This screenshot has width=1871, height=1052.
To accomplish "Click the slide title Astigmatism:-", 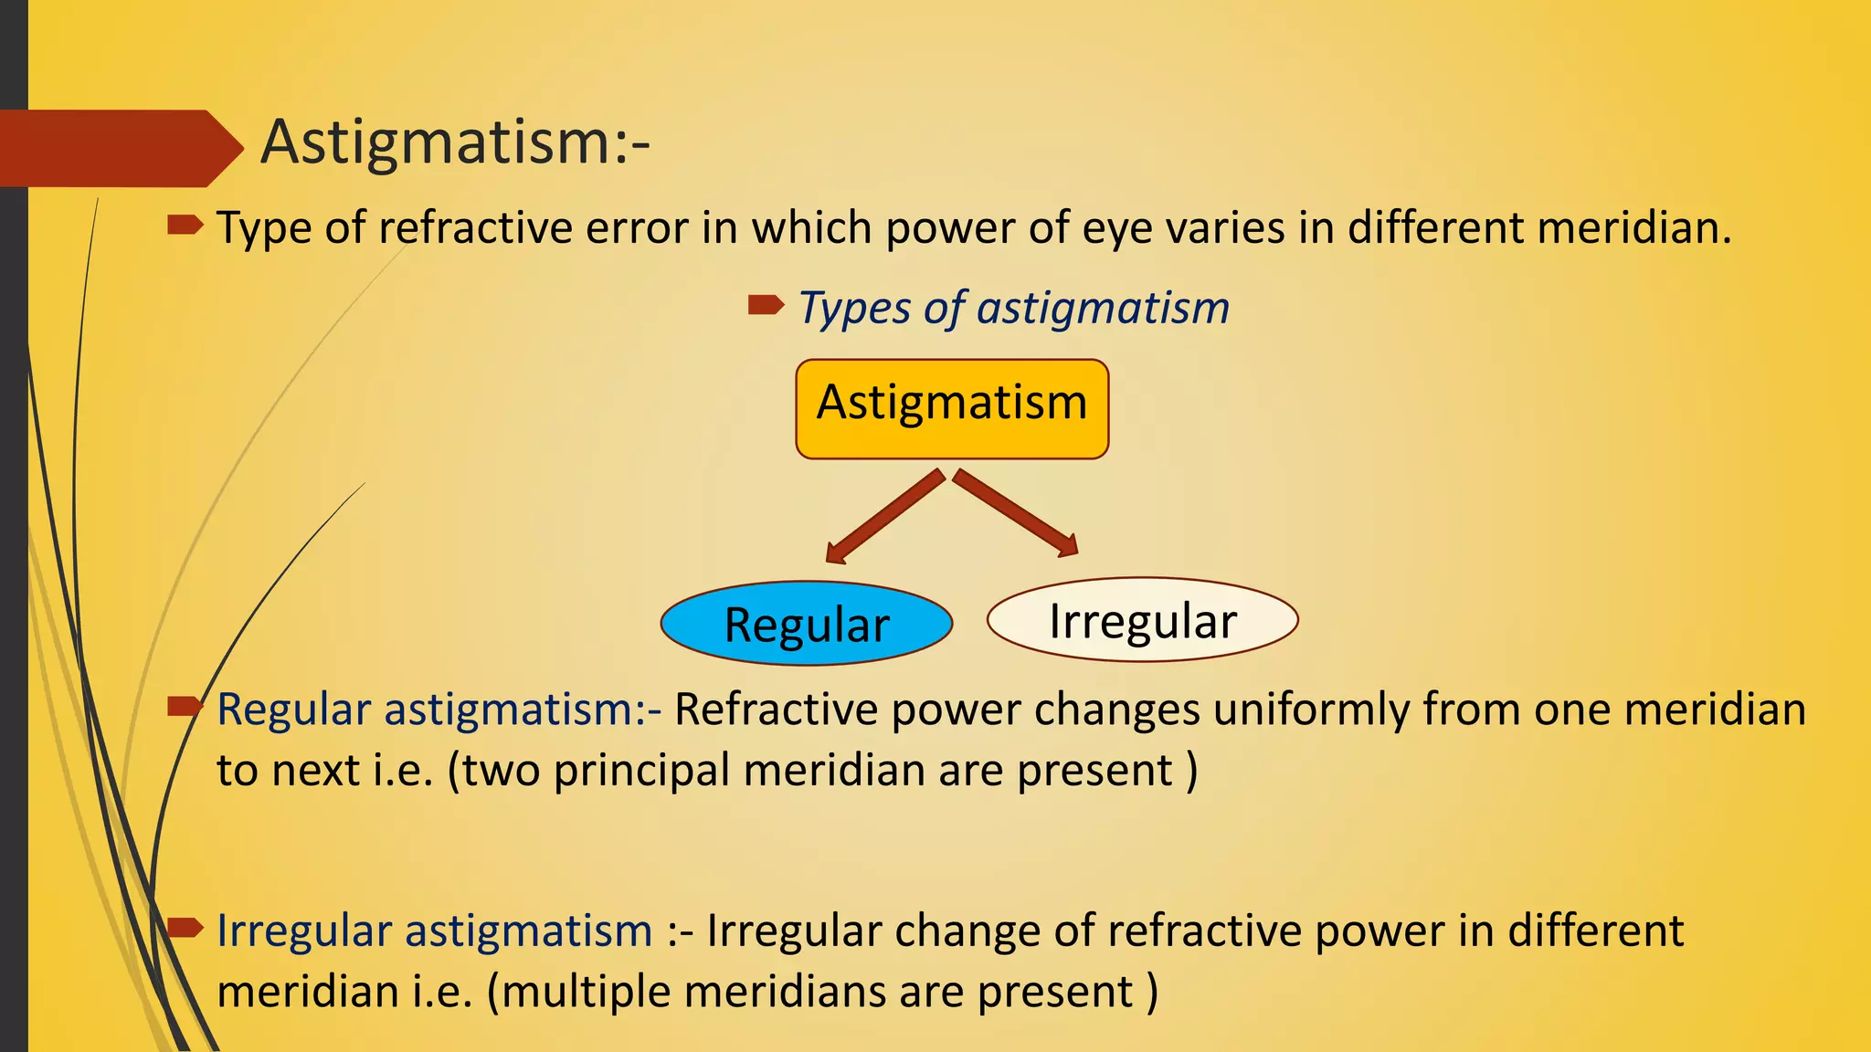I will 455,143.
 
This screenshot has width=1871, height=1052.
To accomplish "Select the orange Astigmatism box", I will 952,408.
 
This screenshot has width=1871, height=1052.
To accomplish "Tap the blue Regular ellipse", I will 807,624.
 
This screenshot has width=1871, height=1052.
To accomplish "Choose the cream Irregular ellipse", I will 1142,620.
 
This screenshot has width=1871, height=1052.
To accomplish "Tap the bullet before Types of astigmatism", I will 765,305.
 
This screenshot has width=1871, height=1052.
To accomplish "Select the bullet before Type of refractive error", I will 185,225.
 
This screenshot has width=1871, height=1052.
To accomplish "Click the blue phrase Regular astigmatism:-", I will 439,710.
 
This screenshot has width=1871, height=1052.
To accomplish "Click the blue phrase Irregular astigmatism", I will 434,931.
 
